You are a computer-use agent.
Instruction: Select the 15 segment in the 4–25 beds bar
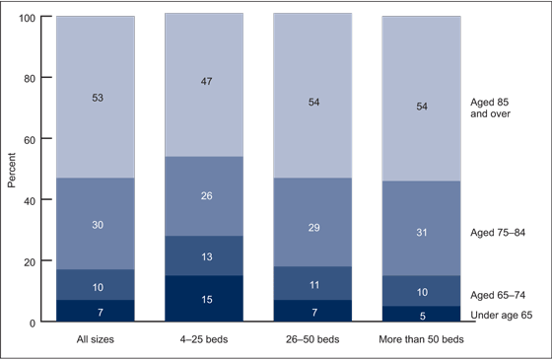click(x=204, y=299)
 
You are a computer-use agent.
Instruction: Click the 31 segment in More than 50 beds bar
click(x=421, y=231)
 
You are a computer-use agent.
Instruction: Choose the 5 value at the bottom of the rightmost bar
click(x=421, y=316)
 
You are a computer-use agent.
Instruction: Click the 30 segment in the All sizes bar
click(x=96, y=225)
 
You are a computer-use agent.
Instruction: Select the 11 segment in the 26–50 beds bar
click(x=312, y=282)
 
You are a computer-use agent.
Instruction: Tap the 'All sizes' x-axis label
click(x=96, y=339)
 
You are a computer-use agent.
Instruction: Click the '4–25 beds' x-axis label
click(x=204, y=339)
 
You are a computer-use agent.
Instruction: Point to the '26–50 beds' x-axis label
click(x=312, y=339)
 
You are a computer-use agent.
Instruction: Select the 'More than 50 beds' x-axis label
click(x=421, y=339)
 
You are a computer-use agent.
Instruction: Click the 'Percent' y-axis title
click(x=12, y=170)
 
